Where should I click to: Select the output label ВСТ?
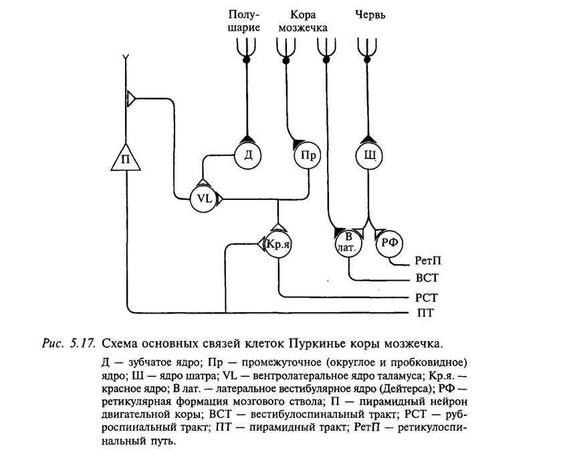427,278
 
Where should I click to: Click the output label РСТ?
427,298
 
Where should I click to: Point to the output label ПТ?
425,314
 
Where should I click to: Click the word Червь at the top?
370,15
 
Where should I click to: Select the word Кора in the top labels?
303,15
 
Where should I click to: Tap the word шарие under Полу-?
244,27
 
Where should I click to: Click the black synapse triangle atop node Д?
248,138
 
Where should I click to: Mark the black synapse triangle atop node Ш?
368,138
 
